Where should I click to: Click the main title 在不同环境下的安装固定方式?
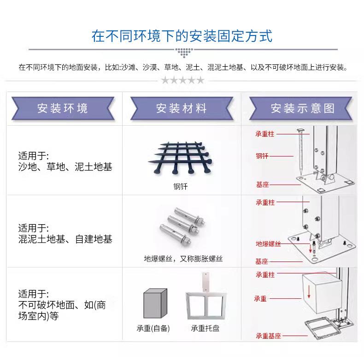(x=182, y=36)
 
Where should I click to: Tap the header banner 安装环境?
(x=63, y=109)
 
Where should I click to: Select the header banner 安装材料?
(x=182, y=109)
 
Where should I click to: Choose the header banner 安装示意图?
(x=303, y=109)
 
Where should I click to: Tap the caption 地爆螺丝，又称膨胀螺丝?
(x=183, y=259)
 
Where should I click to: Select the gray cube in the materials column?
(x=155, y=303)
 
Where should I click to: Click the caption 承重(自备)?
(x=153, y=329)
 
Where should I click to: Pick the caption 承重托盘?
(x=205, y=329)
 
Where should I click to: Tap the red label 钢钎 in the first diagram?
(x=262, y=156)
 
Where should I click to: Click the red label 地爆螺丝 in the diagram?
(x=268, y=244)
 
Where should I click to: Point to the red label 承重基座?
(x=268, y=336)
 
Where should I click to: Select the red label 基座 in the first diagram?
(x=262, y=185)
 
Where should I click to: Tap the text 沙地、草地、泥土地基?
(x=65, y=167)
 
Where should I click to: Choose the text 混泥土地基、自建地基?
(x=65, y=239)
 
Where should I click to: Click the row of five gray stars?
(x=182, y=81)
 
